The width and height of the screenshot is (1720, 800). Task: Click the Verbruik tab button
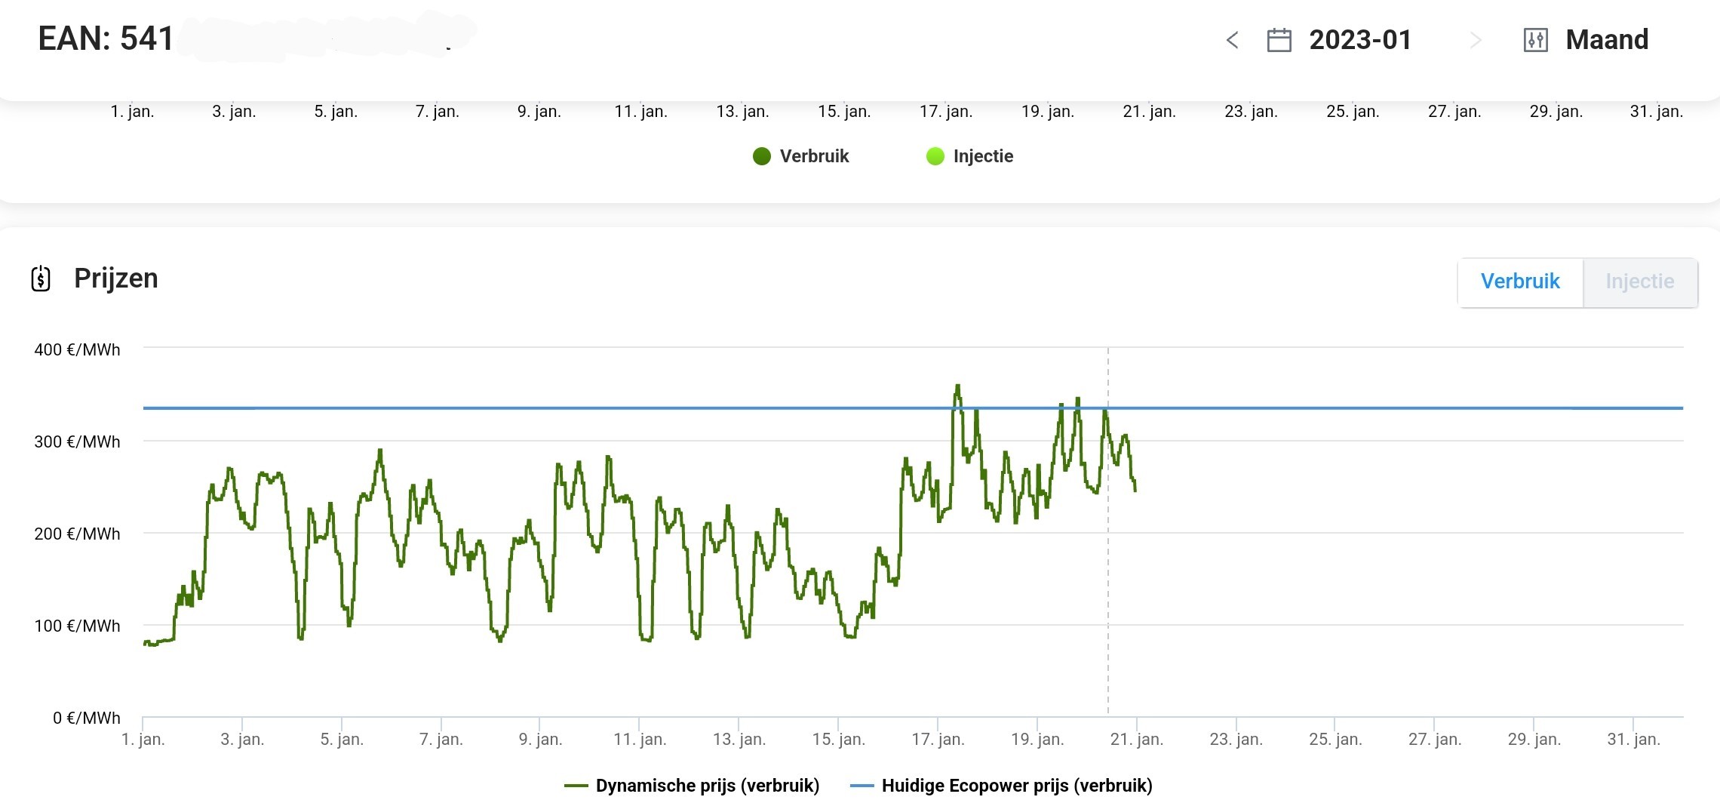click(x=1519, y=282)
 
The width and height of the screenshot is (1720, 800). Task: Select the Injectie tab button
click(x=1639, y=282)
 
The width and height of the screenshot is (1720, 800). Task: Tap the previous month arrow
click(x=1233, y=40)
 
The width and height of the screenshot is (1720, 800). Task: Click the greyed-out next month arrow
click(x=1476, y=40)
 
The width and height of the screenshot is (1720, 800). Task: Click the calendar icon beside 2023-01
click(x=1279, y=40)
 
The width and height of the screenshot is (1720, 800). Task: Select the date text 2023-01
click(x=1360, y=40)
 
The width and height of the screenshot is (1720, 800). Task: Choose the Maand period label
click(x=1607, y=40)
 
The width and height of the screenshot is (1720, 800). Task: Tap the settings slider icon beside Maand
click(x=1535, y=40)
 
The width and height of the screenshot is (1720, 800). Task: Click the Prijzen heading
click(x=116, y=278)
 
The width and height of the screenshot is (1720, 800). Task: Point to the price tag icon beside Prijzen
click(x=41, y=278)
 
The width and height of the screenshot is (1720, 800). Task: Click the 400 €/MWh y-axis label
click(x=77, y=349)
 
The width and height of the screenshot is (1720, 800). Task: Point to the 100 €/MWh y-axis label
click(x=77, y=626)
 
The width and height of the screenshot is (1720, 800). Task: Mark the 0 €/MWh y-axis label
click(x=86, y=718)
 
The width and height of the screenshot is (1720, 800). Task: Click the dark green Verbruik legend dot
click(x=762, y=156)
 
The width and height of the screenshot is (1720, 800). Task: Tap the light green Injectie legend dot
click(x=935, y=156)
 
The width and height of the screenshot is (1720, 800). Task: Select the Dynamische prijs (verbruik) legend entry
click(x=692, y=786)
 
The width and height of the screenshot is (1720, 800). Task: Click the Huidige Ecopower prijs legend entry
click(x=1001, y=786)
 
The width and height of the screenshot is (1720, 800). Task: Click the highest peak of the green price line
click(x=958, y=386)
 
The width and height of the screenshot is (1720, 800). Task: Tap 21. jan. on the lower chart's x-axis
click(x=1136, y=739)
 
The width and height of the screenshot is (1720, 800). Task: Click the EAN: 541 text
click(x=106, y=38)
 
